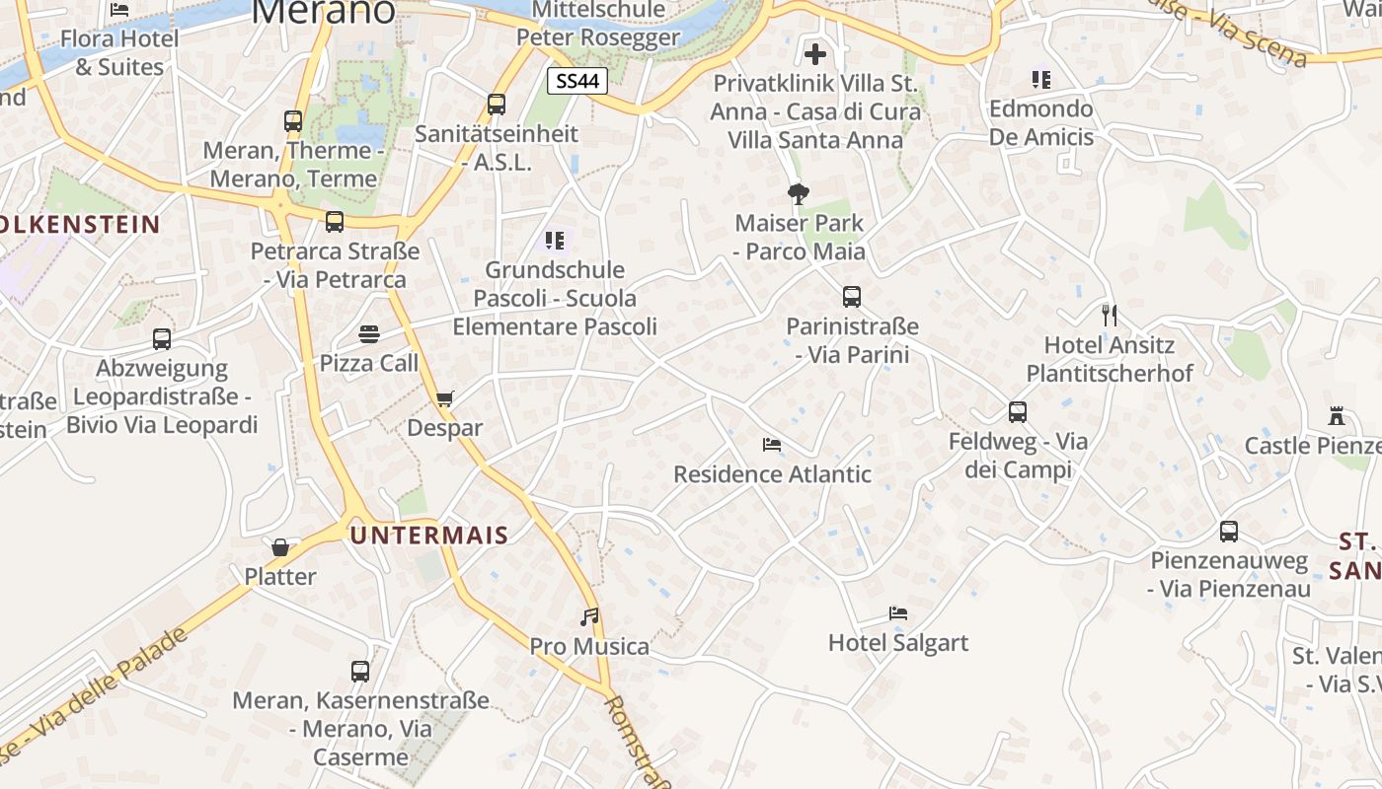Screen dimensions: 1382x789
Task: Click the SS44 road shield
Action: click(577, 81)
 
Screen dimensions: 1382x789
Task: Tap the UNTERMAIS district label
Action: click(429, 536)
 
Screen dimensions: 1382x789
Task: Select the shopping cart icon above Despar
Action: click(444, 399)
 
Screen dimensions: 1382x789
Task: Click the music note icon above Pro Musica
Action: click(589, 617)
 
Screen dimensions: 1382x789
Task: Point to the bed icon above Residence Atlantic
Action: click(772, 445)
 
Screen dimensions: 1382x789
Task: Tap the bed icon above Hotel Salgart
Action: click(898, 613)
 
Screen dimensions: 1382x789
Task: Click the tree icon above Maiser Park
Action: click(799, 193)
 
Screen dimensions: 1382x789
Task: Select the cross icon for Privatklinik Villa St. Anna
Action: click(815, 54)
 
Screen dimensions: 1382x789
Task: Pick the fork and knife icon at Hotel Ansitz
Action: click(1110, 316)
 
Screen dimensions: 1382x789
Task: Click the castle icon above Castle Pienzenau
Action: click(1338, 416)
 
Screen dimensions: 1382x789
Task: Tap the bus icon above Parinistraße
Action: click(852, 296)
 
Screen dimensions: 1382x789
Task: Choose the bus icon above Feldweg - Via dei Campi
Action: click(1018, 412)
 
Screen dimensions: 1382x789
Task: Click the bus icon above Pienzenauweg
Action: click(1229, 532)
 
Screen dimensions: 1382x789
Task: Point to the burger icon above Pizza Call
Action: click(369, 334)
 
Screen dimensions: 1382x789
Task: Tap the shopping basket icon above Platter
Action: click(280, 547)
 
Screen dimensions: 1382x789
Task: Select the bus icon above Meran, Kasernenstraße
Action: click(360, 672)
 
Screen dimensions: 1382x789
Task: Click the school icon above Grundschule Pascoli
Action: click(554, 240)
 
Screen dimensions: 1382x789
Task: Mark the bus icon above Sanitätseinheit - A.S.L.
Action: click(497, 104)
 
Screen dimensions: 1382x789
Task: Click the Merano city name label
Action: click(324, 10)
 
